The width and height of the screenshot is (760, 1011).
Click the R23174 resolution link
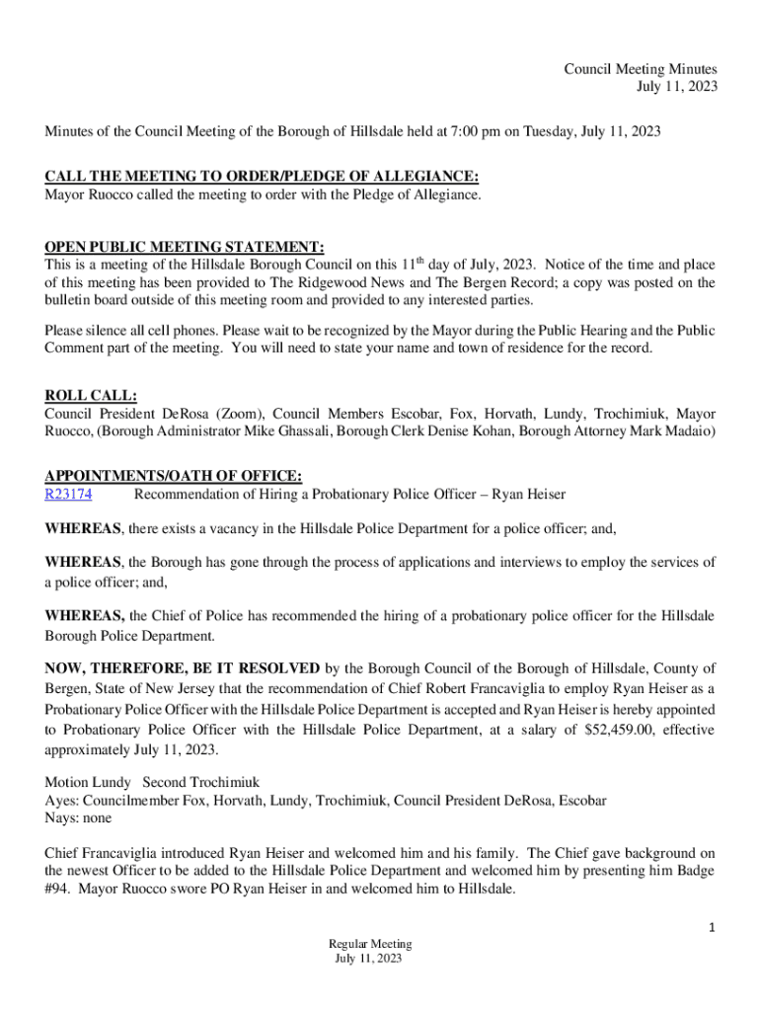[69, 494]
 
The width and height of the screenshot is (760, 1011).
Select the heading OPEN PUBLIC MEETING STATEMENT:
[185, 247]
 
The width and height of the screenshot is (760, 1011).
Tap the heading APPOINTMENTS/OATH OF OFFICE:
[173, 476]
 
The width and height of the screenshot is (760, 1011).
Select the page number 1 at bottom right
[711, 926]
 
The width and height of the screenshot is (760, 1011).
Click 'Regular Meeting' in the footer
[371, 944]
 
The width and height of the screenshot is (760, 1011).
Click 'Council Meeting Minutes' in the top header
[640, 69]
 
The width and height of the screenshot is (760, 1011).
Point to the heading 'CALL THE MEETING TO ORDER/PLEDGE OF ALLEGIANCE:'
[262, 177]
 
